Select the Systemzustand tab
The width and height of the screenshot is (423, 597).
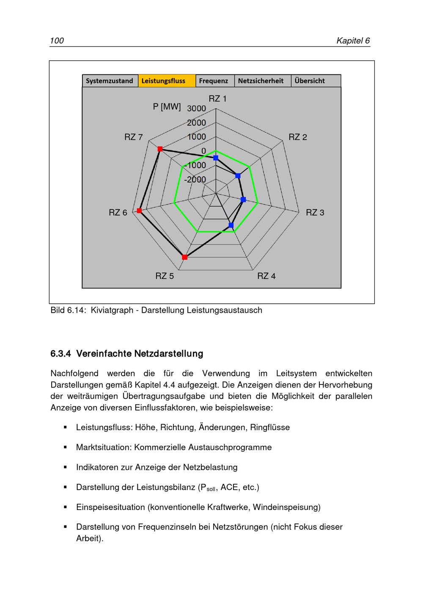tap(110, 81)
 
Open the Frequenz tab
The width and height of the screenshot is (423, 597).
tap(214, 81)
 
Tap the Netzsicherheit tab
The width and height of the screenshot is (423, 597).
tap(261, 81)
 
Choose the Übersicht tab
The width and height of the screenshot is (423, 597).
tap(310, 81)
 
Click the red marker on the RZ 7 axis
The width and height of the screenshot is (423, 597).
tap(160, 149)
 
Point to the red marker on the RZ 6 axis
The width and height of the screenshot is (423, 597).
tap(140, 211)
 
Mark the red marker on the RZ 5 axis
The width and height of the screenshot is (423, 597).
tap(184, 257)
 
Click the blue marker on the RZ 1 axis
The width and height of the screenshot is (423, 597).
tap(216, 158)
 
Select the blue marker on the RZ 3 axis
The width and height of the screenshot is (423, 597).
tap(243, 199)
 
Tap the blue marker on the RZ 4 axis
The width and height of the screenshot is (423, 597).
tap(231, 225)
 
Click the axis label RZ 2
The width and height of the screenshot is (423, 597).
tap(298, 137)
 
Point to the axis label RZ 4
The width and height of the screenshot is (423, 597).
tap(266, 276)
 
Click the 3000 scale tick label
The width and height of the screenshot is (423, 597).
tap(197, 108)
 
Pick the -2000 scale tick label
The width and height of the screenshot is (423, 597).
tap(195, 180)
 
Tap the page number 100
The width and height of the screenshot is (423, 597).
tap(57, 41)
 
